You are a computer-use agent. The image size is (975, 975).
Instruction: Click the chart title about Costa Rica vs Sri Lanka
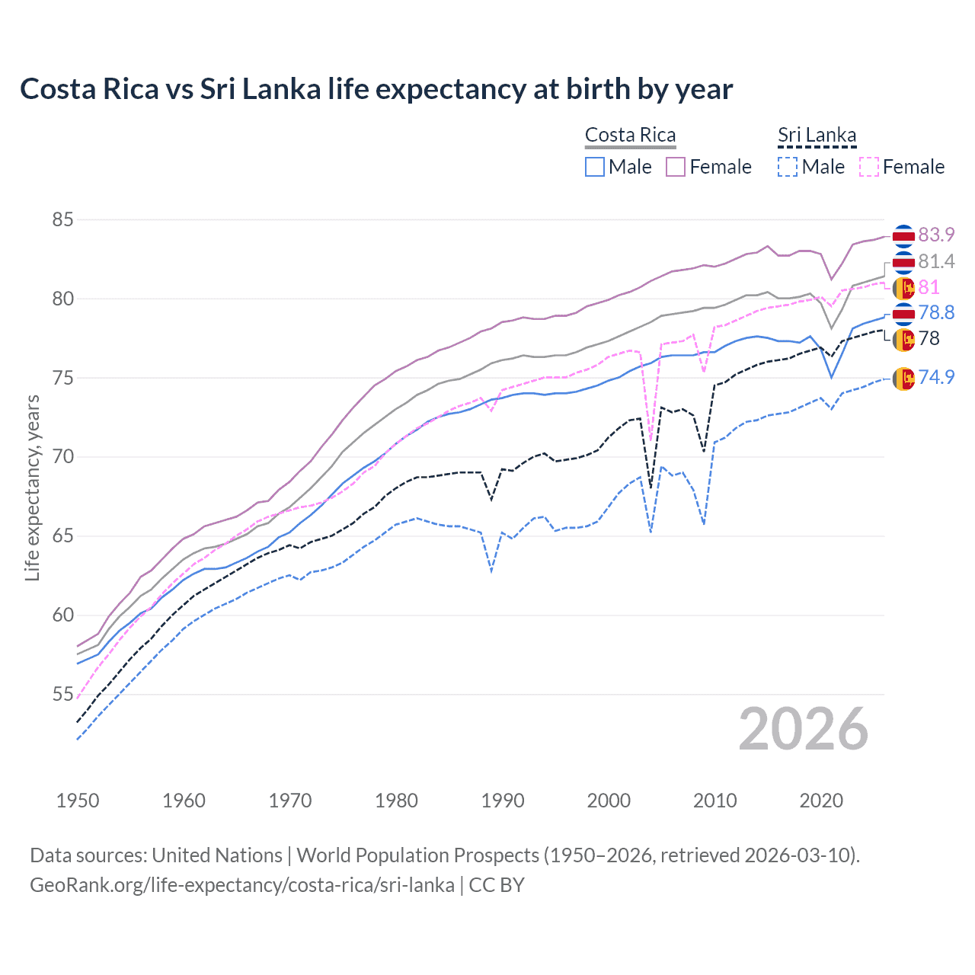[x=376, y=89]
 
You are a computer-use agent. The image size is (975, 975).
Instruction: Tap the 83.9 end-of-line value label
[x=936, y=235]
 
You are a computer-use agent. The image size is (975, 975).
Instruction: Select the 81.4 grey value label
[x=936, y=261]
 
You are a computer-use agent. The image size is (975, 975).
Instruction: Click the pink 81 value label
[x=929, y=287]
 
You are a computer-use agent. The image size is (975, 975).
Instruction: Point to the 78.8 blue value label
[x=936, y=312]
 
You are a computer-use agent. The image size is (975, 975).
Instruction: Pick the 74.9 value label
[x=936, y=377]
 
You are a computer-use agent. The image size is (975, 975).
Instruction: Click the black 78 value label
[x=929, y=338]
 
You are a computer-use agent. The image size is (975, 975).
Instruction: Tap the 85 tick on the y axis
[x=63, y=220]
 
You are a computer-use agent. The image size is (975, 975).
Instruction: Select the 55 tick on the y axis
[x=63, y=694]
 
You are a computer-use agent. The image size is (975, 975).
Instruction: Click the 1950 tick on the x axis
[x=78, y=801]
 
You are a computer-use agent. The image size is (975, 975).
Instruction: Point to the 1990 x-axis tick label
[x=503, y=801]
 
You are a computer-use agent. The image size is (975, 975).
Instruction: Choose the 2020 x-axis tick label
[x=821, y=801]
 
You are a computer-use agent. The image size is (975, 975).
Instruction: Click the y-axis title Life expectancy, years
[x=32, y=487]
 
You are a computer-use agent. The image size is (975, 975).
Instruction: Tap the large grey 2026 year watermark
[x=804, y=729]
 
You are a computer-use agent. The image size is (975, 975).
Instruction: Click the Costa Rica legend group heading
[x=630, y=135]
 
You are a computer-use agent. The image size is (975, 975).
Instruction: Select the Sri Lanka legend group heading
[x=817, y=135]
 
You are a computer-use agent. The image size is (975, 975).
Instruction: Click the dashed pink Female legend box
[x=869, y=167]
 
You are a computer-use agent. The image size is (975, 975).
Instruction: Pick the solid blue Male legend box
[x=595, y=167]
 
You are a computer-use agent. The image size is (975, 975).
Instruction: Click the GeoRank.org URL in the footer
[x=242, y=885]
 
